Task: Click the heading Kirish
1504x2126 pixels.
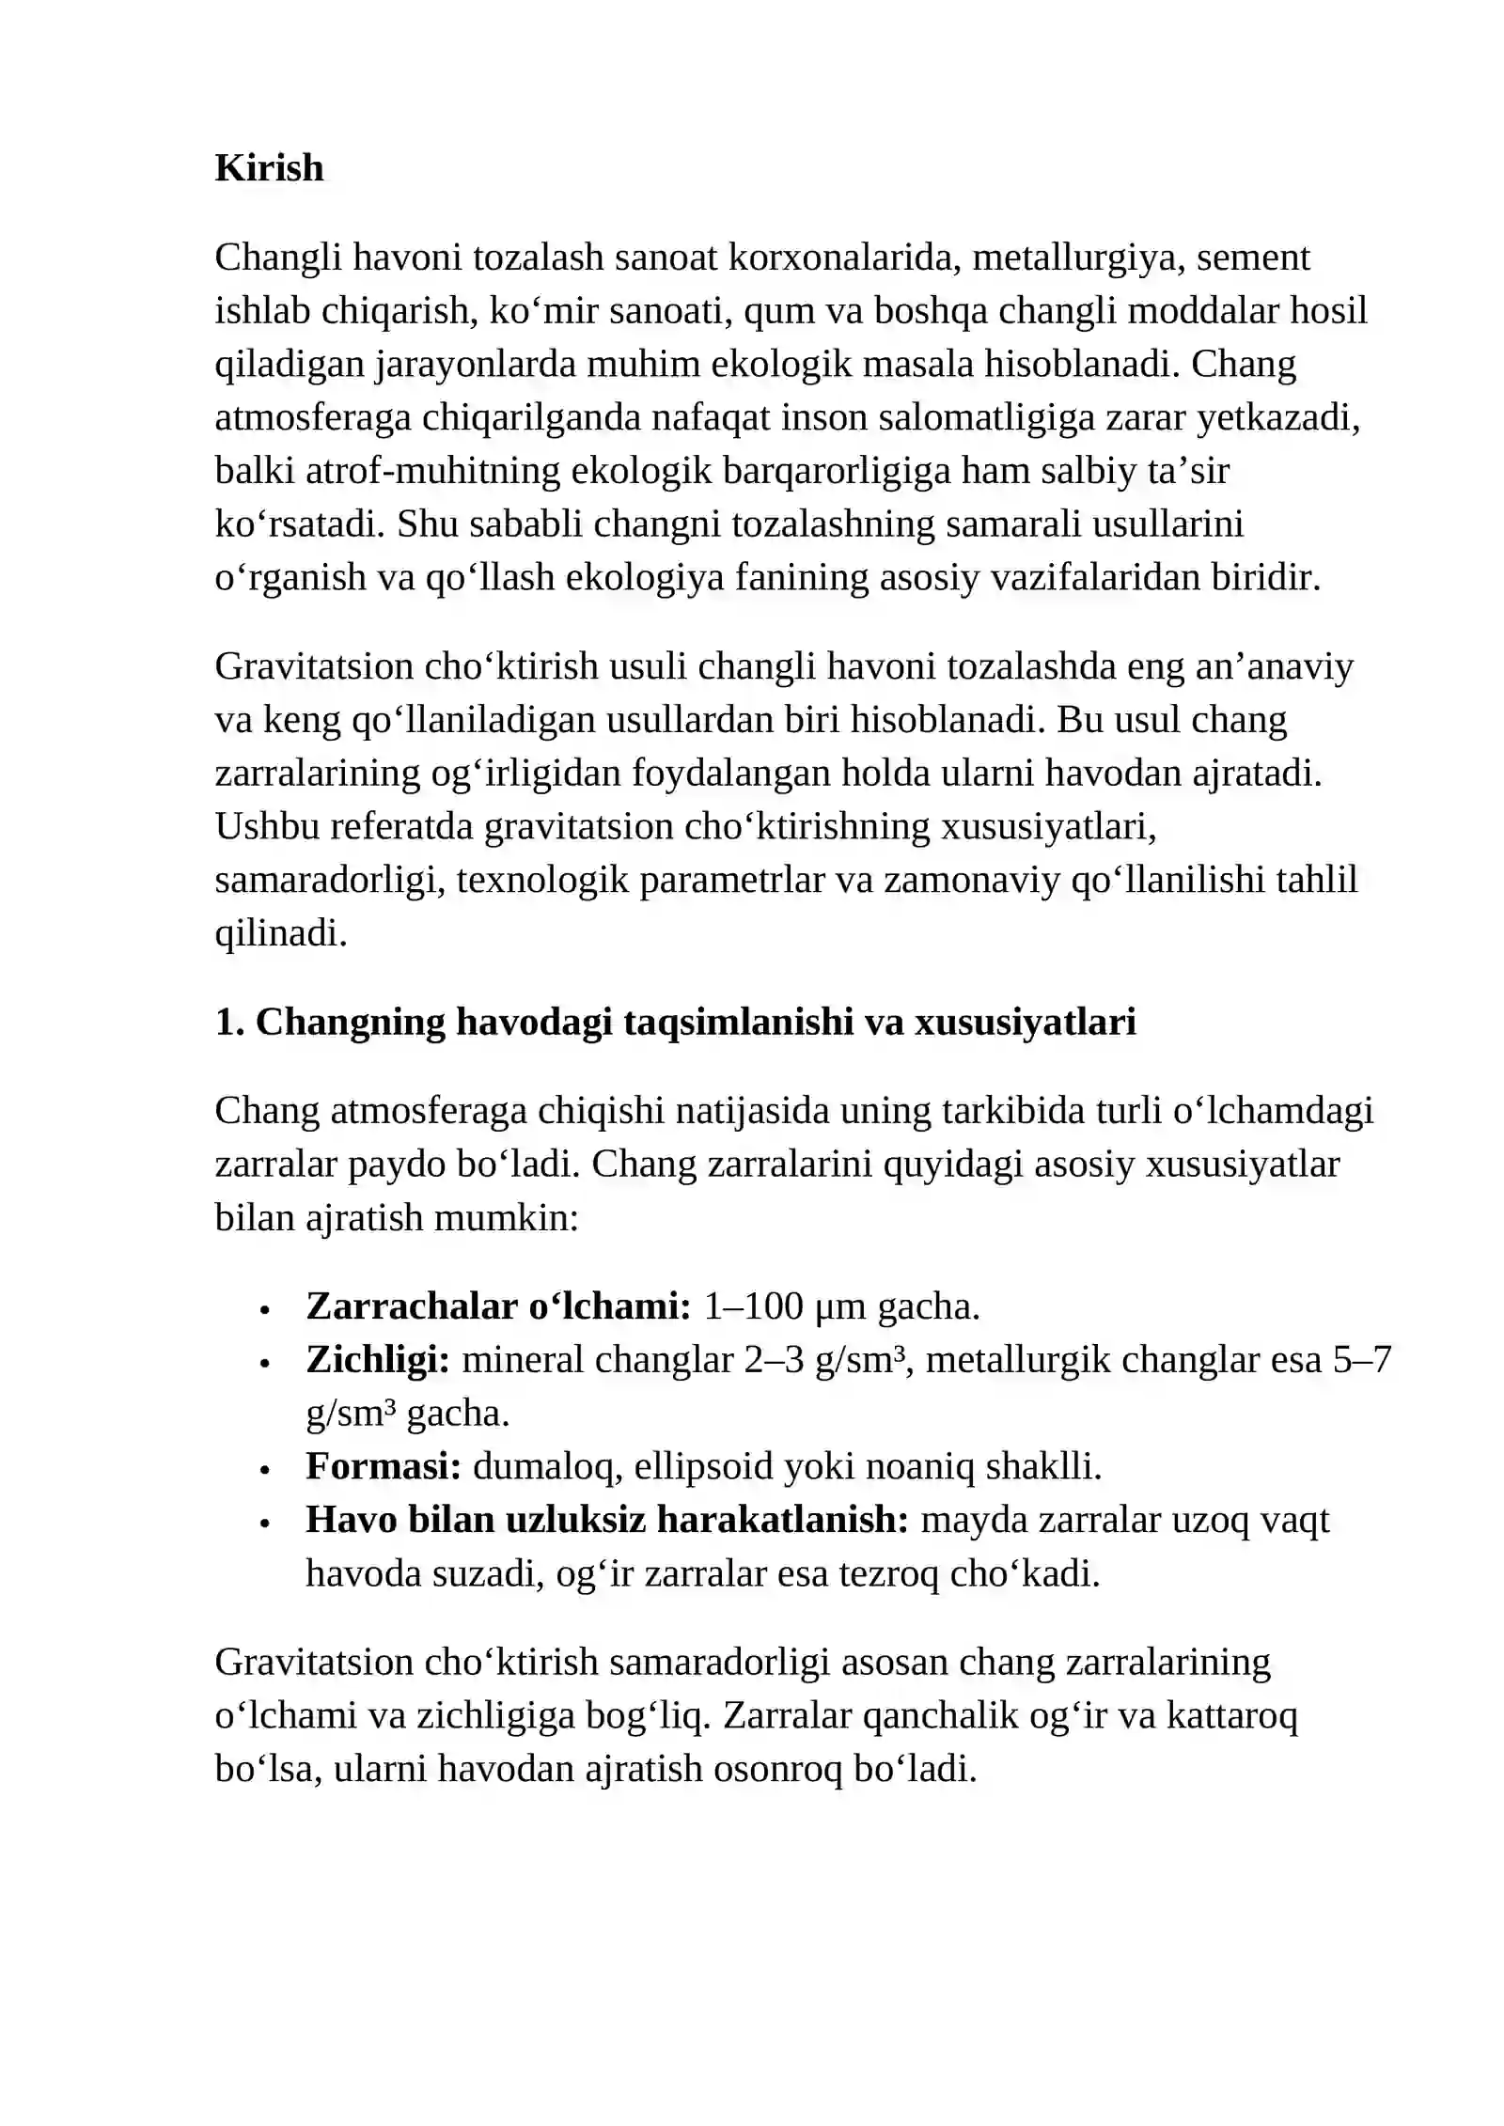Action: tap(269, 168)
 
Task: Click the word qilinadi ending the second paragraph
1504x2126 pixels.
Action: tap(281, 933)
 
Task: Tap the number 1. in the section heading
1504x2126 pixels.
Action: tap(230, 1022)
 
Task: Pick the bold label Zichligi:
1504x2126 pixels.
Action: tap(378, 1360)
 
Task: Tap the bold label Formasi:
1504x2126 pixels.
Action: tap(384, 1466)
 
